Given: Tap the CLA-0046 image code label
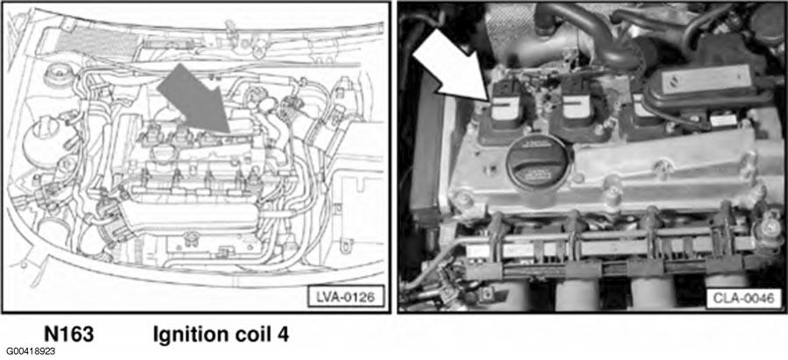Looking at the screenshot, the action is tap(743, 297).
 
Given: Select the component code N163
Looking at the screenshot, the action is tap(69, 334).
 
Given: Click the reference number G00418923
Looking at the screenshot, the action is tap(32, 351).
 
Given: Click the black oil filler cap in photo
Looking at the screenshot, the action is tap(538, 165).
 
